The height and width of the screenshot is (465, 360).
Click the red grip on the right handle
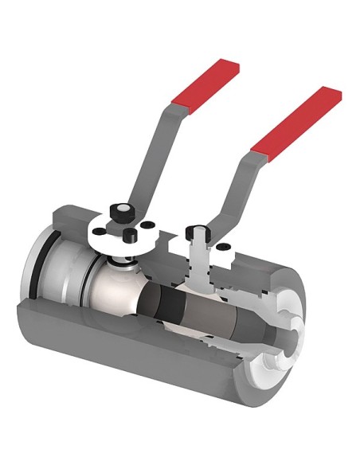point(296,119)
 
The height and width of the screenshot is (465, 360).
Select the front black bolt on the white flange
point(127,234)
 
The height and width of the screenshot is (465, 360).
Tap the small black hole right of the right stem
point(224,248)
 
